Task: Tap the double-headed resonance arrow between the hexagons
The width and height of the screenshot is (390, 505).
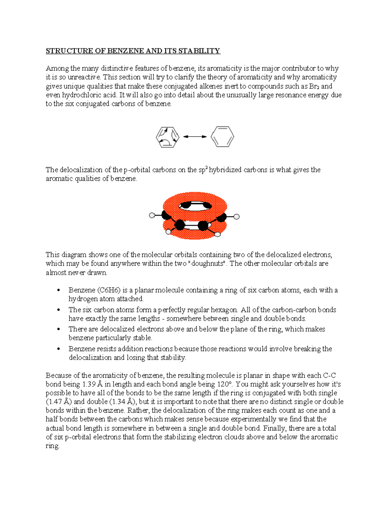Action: coord(195,137)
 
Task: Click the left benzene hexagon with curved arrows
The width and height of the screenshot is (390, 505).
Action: coord(167,137)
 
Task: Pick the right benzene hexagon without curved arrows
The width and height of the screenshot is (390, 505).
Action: coord(222,137)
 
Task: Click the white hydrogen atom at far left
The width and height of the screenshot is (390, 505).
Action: coord(151,215)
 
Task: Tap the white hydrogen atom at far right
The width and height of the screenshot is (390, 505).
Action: coord(237,217)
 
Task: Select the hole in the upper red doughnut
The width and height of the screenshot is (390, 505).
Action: coord(195,206)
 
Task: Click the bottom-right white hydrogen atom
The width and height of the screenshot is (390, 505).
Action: coord(217,234)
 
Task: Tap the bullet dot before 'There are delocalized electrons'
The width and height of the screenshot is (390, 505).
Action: coord(58,329)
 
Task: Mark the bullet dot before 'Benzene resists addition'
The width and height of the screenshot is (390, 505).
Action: coord(58,349)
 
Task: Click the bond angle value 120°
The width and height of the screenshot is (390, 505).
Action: coord(225,384)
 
